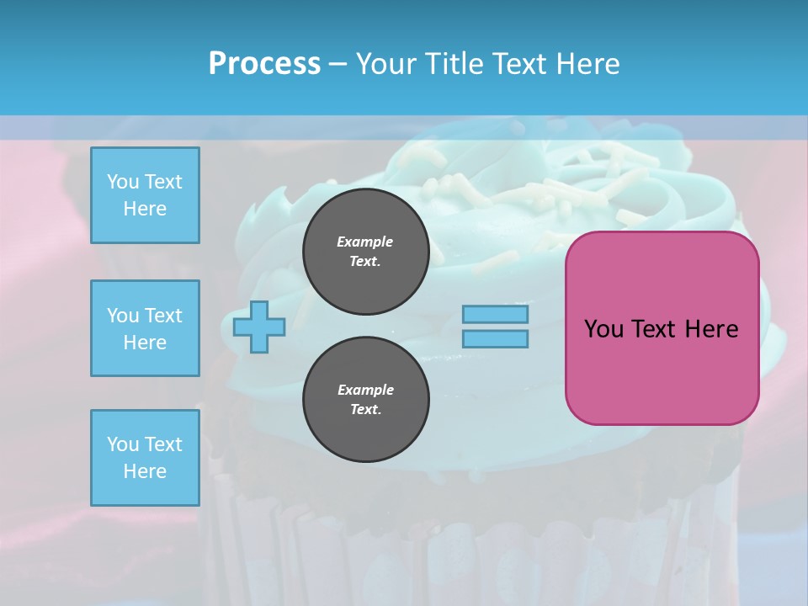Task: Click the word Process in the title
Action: pyautogui.click(x=264, y=63)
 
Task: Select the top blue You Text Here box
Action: pyautogui.click(x=145, y=195)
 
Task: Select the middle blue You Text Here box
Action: pyautogui.click(x=145, y=328)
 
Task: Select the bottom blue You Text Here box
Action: pyautogui.click(x=145, y=458)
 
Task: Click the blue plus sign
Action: pyautogui.click(x=259, y=327)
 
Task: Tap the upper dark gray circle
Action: pyautogui.click(x=366, y=252)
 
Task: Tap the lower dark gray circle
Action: pyautogui.click(x=366, y=400)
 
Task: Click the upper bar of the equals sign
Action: pyautogui.click(x=496, y=315)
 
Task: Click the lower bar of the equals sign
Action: pyautogui.click(x=496, y=338)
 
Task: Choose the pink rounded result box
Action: pyautogui.click(x=662, y=328)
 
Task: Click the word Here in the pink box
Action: pyautogui.click(x=711, y=328)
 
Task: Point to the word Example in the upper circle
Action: pyautogui.click(x=365, y=242)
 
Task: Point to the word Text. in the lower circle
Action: pyautogui.click(x=365, y=410)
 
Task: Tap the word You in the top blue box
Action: pyautogui.click(x=122, y=182)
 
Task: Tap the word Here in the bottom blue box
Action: pyautogui.click(x=145, y=471)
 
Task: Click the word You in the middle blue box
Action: pyautogui.click(x=122, y=316)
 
